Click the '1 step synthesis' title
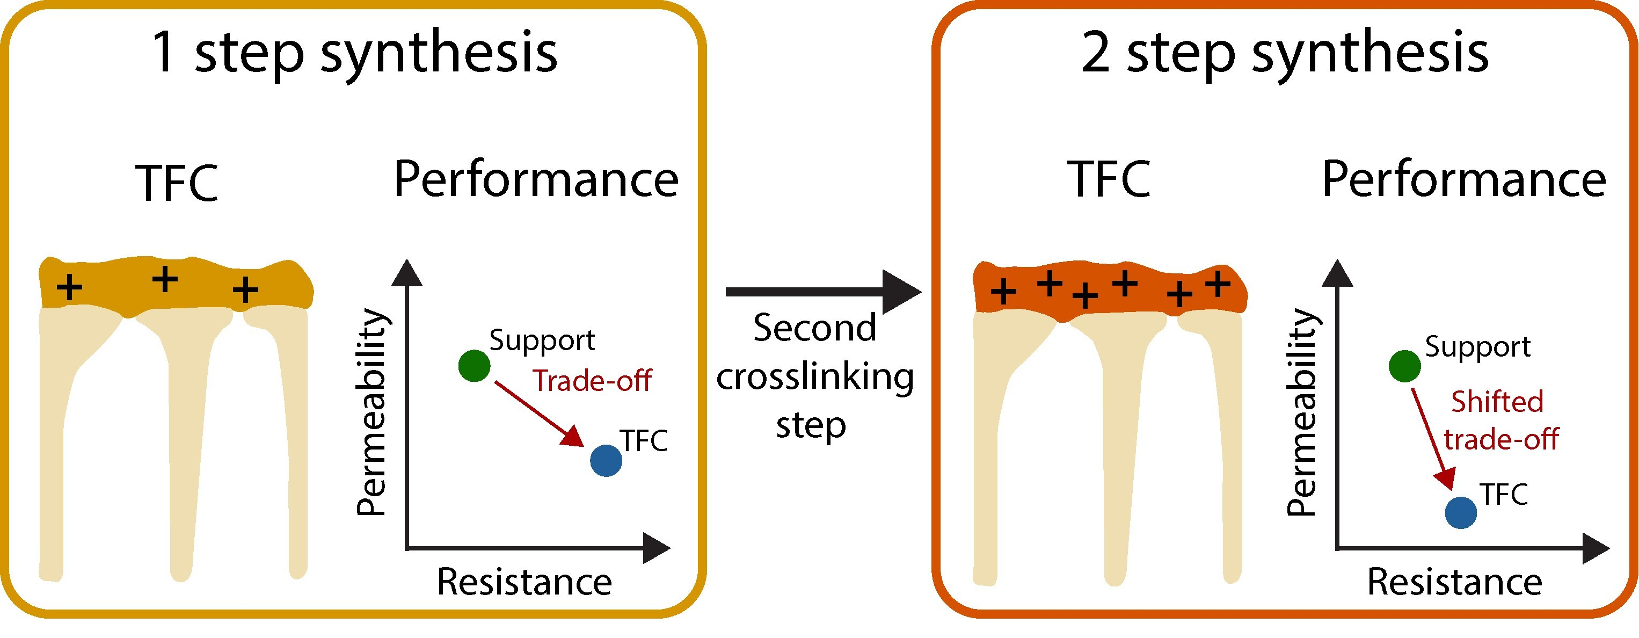pos(354,54)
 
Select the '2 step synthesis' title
pos(1285,54)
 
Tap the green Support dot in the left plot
pos(474,366)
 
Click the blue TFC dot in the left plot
pos(606,460)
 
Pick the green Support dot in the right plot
pos(1404,366)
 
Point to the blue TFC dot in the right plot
pos(1461,512)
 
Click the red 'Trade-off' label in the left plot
pos(592,381)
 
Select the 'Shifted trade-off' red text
pos(1502,421)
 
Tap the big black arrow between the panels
pos(824,292)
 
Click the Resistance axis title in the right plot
pos(1454,581)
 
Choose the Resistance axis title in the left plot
pos(525,581)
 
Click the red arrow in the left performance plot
pos(538,414)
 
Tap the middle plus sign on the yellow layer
pos(165,279)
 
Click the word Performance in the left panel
pos(536,180)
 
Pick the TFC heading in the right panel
pos(1109,180)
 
